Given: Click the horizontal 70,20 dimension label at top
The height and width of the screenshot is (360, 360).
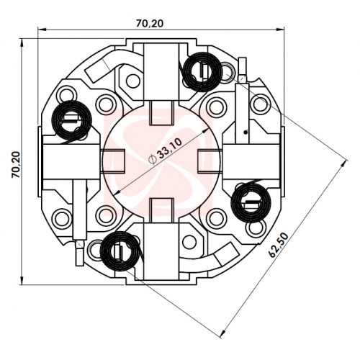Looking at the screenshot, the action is click(x=150, y=23).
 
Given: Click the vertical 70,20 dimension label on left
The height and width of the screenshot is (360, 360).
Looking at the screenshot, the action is click(x=16, y=164).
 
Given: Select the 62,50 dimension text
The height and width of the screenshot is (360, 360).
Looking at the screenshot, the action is click(x=279, y=246).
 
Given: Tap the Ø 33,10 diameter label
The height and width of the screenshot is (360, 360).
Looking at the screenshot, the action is click(x=166, y=151).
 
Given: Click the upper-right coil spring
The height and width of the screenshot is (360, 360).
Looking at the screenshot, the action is click(x=202, y=72).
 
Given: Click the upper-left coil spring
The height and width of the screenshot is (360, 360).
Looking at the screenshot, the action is click(x=71, y=121).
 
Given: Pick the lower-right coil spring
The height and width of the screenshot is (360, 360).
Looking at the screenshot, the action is click(x=251, y=203).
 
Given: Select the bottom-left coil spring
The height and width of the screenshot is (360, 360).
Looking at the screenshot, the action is click(x=120, y=251).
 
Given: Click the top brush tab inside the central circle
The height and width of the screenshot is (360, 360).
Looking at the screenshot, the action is click(x=161, y=113).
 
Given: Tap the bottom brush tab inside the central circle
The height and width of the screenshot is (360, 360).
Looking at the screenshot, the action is click(x=161, y=210).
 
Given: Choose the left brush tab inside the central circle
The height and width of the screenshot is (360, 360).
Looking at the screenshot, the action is click(x=113, y=161).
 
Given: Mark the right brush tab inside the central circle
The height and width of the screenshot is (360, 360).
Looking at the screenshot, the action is click(x=209, y=161).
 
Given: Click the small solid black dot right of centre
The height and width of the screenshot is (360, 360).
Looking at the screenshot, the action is click(x=245, y=132).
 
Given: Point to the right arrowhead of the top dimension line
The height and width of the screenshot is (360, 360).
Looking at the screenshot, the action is click(x=281, y=30).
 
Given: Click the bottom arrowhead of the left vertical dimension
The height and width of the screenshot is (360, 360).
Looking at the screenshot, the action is click(x=22, y=281).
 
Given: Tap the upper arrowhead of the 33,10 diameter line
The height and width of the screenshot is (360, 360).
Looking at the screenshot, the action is click(x=205, y=130).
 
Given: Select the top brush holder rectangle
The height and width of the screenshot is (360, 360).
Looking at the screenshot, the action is click(x=161, y=72).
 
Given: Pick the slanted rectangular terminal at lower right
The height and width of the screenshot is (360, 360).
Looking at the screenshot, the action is click(x=227, y=254).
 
